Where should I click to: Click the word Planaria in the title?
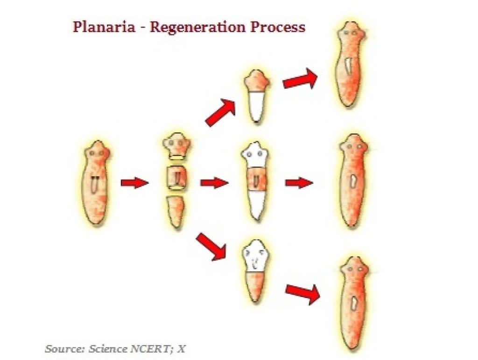point(104,27)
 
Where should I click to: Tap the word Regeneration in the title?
point(198,28)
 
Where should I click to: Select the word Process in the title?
point(278,27)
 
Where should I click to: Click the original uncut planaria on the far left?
point(95,183)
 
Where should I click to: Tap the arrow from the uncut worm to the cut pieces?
point(134,183)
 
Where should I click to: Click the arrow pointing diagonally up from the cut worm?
point(221,112)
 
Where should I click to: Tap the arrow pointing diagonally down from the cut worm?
point(211,247)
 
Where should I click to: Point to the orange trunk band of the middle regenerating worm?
point(256,180)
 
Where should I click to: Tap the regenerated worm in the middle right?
point(353,181)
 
